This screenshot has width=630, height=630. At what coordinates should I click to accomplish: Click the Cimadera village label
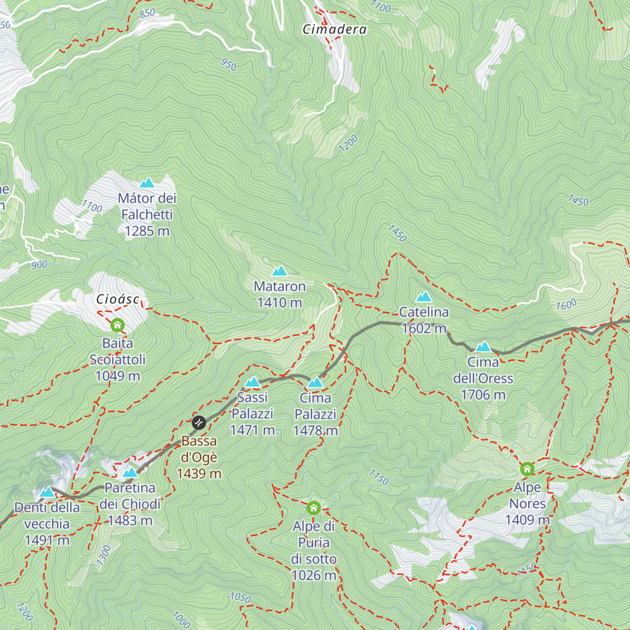tap(334, 29)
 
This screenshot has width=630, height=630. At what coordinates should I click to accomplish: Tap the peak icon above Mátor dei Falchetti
tap(147, 183)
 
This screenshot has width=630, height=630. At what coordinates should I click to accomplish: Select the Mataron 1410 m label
tap(279, 295)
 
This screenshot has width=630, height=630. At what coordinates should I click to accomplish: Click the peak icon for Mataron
tap(279, 271)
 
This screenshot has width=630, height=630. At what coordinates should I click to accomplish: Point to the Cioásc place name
tap(118, 299)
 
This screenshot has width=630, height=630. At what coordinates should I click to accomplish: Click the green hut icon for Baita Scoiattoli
tap(118, 325)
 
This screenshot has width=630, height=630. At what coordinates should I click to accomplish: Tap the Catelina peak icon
tap(424, 297)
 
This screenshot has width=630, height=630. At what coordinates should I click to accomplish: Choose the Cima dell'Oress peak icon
tap(483, 346)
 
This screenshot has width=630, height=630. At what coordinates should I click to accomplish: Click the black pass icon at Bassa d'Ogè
tap(199, 422)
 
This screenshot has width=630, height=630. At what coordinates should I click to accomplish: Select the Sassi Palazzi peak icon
tap(253, 382)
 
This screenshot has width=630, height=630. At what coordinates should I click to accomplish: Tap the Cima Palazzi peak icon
tap(315, 383)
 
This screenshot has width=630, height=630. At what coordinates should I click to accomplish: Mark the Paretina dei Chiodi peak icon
tap(130, 472)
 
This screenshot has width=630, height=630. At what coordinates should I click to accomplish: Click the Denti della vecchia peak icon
tap(47, 492)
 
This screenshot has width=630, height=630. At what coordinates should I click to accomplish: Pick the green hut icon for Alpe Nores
tap(527, 469)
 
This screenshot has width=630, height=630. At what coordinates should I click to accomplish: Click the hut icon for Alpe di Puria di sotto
tap(313, 508)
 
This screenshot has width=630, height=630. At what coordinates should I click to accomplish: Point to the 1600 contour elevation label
tap(566, 304)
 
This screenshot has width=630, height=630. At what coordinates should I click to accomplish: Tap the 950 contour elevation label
tap(228, 65)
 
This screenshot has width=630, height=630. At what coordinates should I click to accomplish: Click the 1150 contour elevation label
tap(379, 477)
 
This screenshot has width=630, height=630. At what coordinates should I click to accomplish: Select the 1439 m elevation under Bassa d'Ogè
tap(199, 474)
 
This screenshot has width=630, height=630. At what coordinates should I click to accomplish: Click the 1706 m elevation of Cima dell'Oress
tap(483, 395)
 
